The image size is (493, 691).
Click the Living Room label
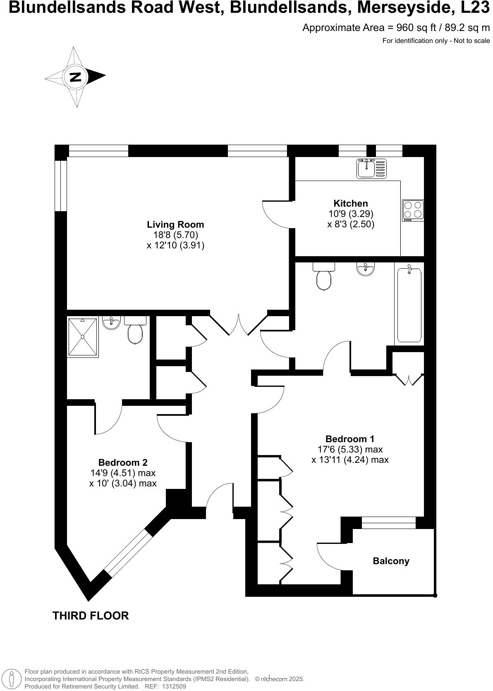(175, 224)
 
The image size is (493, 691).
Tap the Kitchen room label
(350, 203)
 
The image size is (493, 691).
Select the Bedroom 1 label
(349, 438)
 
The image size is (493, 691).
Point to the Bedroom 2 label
(123, 462)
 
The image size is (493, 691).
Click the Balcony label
(391, 561)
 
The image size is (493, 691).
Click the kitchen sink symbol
(371, 169)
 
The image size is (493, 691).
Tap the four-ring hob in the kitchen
(413, 210)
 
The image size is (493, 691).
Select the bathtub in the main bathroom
(409, 305)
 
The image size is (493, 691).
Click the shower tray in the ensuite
(83, 336)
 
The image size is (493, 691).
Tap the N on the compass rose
(75, 77)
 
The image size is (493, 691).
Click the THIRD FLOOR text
(91, 615)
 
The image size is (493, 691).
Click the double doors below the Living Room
(239, 324)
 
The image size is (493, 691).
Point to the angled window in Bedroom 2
(128, 553)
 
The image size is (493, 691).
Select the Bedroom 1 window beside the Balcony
(388, 522)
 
